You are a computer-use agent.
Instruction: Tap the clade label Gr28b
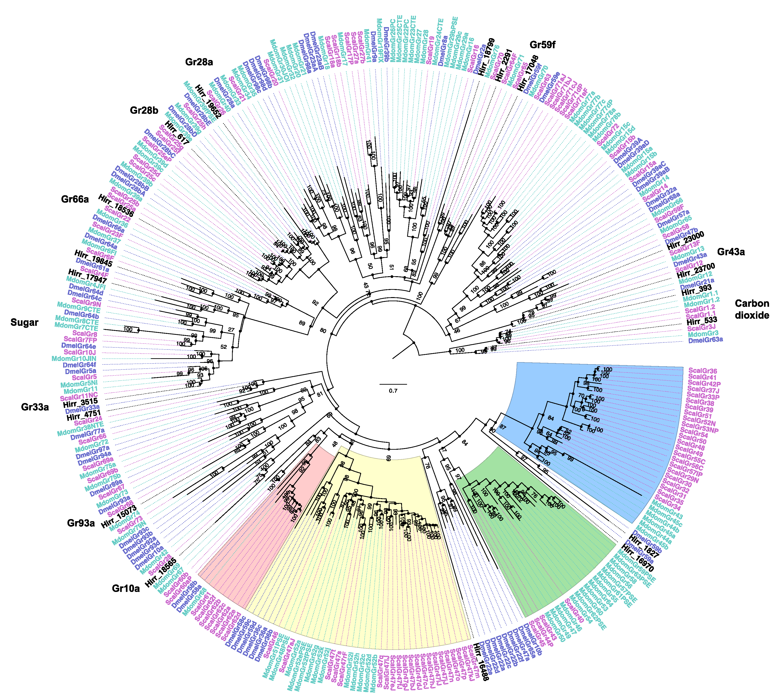144,111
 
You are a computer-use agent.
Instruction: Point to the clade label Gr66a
75,199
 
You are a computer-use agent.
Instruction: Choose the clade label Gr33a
35,407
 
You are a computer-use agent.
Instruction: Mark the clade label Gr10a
126,588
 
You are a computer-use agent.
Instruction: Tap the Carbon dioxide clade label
752,309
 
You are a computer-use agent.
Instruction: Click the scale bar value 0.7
393,391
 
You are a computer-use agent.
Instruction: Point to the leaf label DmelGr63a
705,340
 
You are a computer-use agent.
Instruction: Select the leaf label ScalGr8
85,334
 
